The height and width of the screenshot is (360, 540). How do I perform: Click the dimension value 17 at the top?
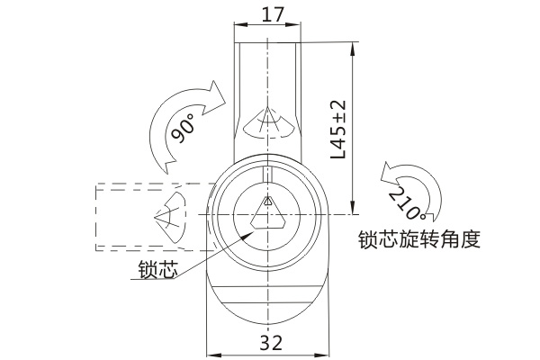point(273,15)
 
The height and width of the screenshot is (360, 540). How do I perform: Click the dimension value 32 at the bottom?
point(271,342)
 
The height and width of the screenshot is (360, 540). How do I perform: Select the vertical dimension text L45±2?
point(337,130)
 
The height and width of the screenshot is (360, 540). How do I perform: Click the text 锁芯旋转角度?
point(419,239)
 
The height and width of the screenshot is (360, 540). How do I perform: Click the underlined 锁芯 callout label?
point(157,269)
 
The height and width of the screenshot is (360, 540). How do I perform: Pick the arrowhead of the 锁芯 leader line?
point(248,235)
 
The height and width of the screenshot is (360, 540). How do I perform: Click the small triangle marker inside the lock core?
point(267,201)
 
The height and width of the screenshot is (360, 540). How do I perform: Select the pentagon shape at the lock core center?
point(267,216)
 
